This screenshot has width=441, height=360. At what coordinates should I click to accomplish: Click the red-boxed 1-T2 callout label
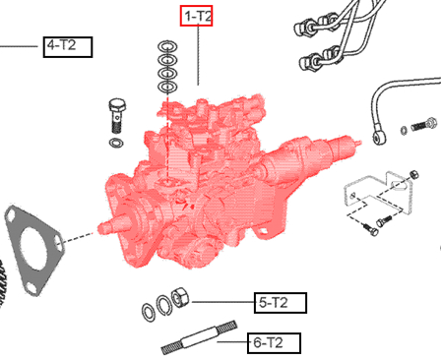(195, 16)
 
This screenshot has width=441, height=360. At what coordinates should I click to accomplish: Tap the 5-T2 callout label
(281, 302)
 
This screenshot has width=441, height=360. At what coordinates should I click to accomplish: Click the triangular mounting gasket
(36, 249)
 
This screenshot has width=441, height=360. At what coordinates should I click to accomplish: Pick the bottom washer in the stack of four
(167, 88)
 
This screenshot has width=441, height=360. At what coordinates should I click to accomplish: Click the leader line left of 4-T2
(20, 46)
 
